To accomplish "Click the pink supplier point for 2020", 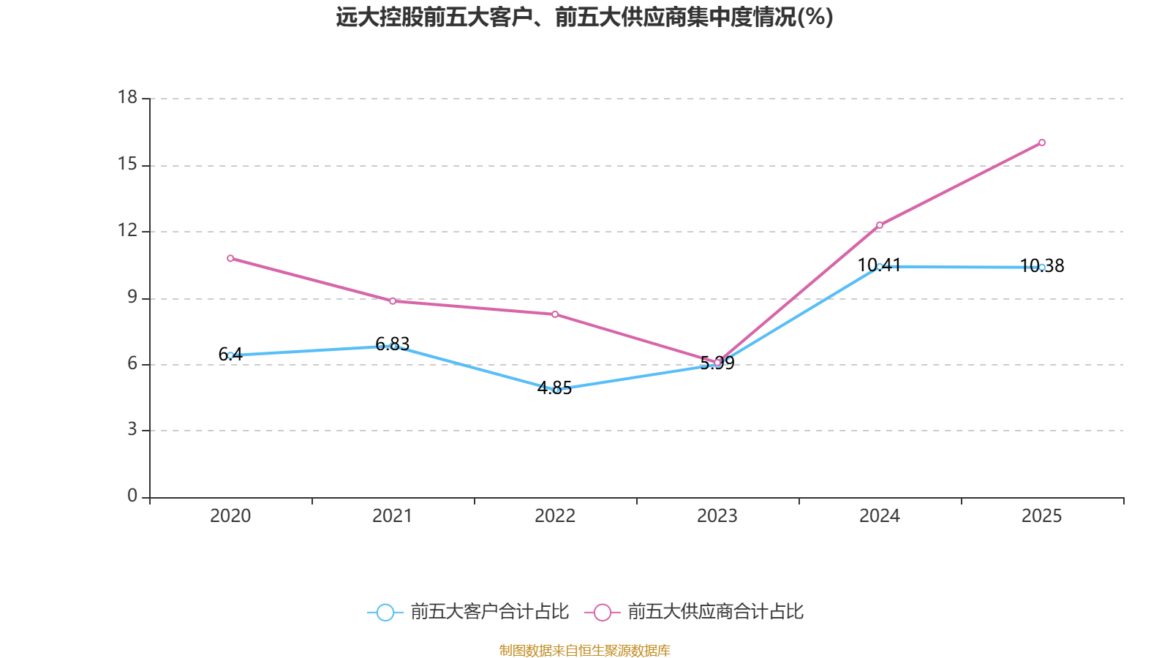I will (230, 258).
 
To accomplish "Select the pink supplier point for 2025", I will (1042, 143).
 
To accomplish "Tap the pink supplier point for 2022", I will (555, 314).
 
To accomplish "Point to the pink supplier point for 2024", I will (880, 225).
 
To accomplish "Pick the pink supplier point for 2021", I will (393, 301).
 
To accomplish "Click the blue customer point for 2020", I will (230, 355).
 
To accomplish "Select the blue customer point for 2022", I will (556, 390).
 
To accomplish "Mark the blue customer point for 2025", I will (1042, 268).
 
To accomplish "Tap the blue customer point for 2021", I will (393, 346).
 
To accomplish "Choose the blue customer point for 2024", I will (880, 267).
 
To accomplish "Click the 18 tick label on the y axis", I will (127, 97).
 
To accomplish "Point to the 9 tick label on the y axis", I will (132, 297).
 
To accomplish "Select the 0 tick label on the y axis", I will (132, 496).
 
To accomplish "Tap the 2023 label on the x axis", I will (717, 516).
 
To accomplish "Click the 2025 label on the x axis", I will (1041, 516).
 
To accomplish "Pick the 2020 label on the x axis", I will (230, 516).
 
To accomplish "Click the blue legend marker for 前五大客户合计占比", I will (385, 612).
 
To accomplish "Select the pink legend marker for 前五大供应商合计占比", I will (603, 612).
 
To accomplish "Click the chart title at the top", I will (584, 17).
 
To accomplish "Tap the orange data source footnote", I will (584, 650).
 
